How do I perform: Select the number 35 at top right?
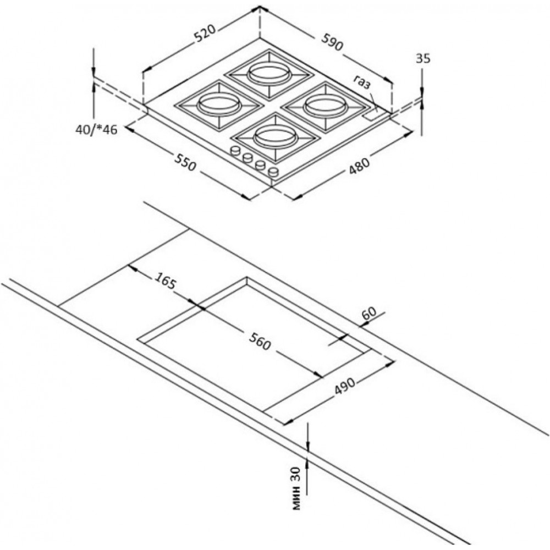click(x=423, y=59)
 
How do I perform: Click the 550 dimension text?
click(x=185, y=162)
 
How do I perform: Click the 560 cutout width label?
click(x=260, y=340)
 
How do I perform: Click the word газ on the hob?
click(x=361, y=83)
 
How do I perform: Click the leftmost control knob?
click(x=235, y=150)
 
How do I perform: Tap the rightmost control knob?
click(x=273, y=172)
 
